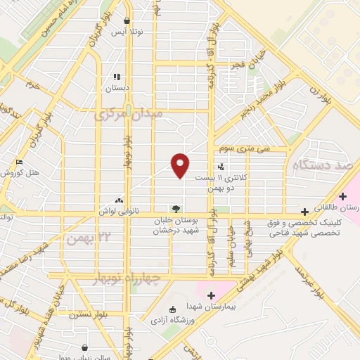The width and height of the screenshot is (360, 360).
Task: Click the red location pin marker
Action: (x=181, y=165)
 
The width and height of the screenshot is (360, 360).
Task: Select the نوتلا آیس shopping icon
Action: (x=126, y=21)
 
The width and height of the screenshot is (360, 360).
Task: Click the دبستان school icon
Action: (x=115, y=77)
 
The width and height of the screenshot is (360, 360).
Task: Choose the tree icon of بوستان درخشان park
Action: (x=175, y=208)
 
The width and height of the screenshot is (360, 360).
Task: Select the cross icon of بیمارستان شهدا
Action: (x=211, y=295)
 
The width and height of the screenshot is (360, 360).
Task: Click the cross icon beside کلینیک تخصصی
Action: (x=304, y=211)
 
